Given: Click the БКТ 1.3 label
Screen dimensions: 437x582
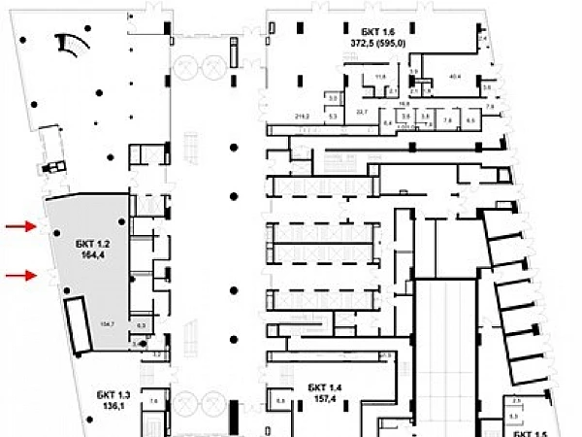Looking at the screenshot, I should [113, 393].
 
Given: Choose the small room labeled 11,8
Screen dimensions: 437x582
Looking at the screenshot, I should [380, 77].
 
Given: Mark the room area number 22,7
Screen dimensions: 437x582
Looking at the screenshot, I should [363, 113].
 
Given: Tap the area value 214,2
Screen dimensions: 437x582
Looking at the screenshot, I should [302, 117].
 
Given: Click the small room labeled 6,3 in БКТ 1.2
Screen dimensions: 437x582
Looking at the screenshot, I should [141, 325].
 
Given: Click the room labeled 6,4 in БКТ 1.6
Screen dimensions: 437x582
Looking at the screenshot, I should [387, 123].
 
